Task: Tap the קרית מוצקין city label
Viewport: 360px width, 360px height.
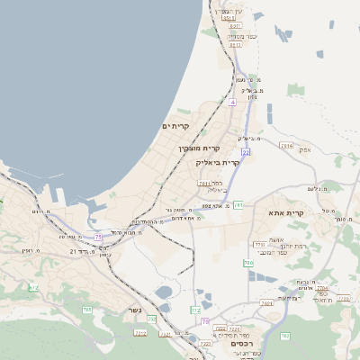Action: point(199,148)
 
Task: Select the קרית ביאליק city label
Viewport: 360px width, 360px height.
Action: point(218,163)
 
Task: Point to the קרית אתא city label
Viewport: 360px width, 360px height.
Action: point(287,213)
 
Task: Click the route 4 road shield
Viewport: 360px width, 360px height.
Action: point(232,103)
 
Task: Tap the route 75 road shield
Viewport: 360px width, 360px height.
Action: point(98,237)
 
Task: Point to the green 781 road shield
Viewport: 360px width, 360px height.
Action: point(238,206)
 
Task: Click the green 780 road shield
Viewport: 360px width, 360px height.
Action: point(247,262)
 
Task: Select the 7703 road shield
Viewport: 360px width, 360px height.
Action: point(259,244)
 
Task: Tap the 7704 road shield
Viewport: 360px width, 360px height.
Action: point(322,288)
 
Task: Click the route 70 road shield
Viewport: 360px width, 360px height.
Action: point(205,321)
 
